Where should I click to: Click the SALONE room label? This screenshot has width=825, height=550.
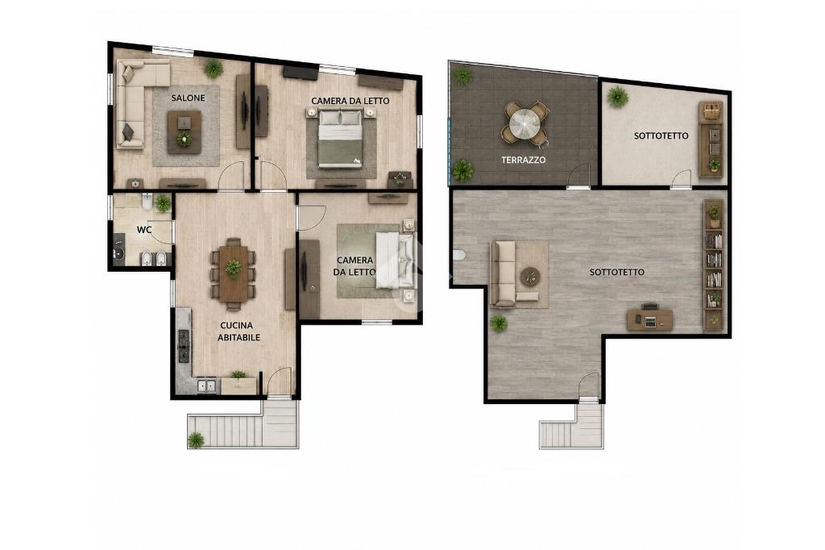[x=188, y=98]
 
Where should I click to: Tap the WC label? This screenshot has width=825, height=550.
[x=144, y=230]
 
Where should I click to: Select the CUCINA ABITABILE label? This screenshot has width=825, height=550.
[x=238, y=331]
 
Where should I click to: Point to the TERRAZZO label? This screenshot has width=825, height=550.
[x=523, y=160]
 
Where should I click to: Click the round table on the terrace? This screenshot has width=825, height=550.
[x=524, y=124]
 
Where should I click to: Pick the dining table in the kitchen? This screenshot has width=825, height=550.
[x=233, y=273]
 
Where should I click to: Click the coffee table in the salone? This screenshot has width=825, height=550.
[x=184, y=131]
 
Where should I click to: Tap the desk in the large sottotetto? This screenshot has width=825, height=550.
[x=650, y=319]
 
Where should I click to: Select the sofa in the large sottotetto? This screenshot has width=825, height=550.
[x=504, y=273]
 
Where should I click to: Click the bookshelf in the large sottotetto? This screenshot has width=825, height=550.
[x=714, y=265]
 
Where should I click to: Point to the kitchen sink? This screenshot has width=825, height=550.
[x=207, y=385]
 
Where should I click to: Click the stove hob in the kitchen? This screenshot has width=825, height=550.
[x=184, y=346]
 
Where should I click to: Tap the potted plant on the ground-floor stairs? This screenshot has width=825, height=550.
[x=196, y=440]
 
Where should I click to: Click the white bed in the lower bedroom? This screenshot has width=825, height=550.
[x=395, y=260]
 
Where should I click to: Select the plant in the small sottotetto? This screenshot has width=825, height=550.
[x=617, y=97]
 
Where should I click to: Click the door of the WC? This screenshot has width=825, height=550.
[x=161, y=231]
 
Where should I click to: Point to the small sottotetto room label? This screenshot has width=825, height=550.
[x=661, y=136]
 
